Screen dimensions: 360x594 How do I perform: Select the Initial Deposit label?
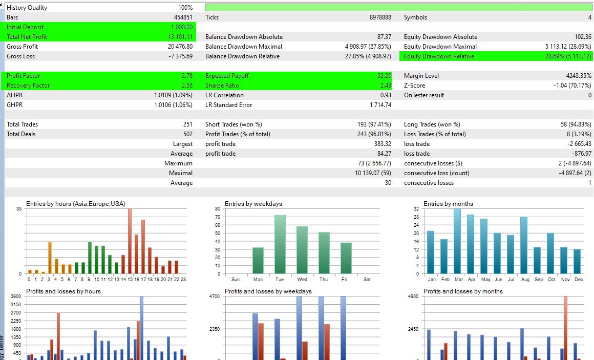pos(25,27)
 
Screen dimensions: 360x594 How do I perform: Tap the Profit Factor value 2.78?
pos(187,76)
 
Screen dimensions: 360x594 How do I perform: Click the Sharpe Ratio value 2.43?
pos(385,86)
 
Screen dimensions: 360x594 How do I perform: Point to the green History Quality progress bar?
pos(398,8)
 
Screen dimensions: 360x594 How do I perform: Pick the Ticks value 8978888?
pos(380,17)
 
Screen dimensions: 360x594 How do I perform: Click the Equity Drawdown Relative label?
pos(439,56)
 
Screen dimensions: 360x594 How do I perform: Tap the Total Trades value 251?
pos(187,124)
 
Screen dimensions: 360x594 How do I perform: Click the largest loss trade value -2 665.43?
pos(577,144)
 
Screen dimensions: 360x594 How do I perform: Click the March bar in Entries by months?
pos(457,241)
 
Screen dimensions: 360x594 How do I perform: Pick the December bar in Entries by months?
pos(577,261)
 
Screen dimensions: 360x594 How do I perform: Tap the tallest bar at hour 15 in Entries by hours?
pos(130,241)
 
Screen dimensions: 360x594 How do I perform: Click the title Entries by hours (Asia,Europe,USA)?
pos(75,203)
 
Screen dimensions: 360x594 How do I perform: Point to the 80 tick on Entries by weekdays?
pos(217,209)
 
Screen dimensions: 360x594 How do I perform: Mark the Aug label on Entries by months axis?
pos(524,280)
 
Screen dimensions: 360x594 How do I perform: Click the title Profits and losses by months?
pos(463,291)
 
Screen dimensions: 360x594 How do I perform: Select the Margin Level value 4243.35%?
pos(577,76)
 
